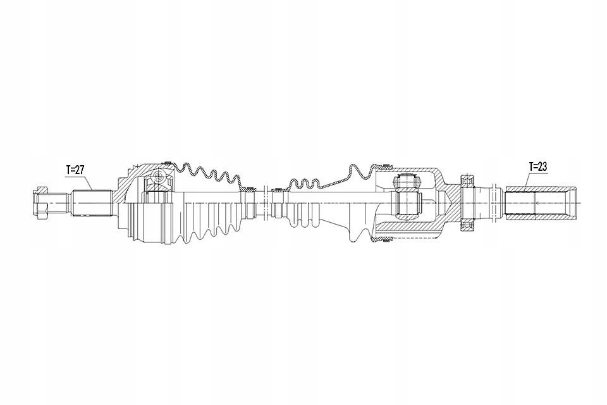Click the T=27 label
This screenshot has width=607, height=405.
(x=75, y=169)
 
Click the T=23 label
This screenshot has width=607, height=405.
(x=537, y=166)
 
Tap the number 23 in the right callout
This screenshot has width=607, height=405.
(x=542, y=166)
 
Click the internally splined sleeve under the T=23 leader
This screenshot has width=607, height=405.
(x=537, y=202)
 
